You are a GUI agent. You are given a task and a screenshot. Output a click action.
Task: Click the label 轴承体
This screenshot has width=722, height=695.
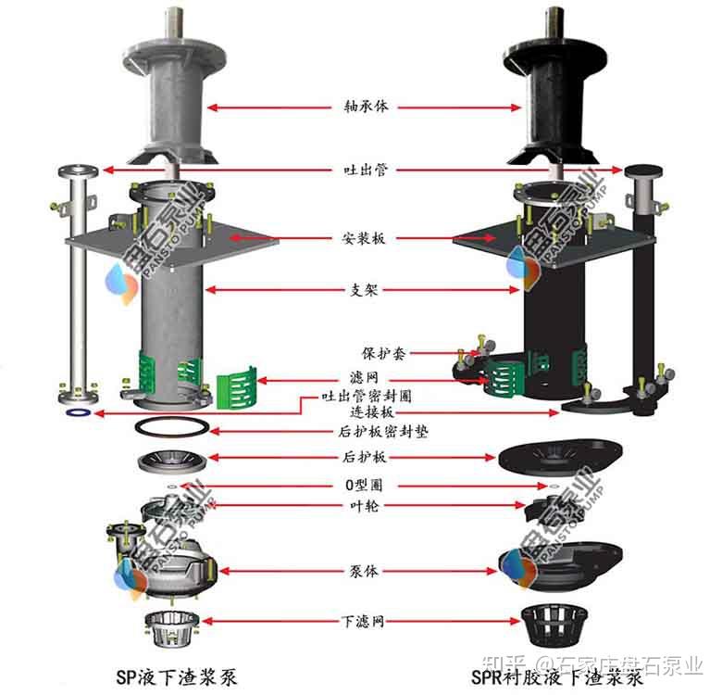[x=365, y=107]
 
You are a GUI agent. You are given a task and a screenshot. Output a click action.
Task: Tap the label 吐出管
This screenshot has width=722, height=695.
[x=365, y=171]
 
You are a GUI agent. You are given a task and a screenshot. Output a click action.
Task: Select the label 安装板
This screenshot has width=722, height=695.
[x=365, y=238]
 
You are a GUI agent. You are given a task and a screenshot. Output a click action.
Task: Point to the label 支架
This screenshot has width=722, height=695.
[x=365, y=290]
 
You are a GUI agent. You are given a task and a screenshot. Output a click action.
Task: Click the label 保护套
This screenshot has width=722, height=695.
[x=381, y=353]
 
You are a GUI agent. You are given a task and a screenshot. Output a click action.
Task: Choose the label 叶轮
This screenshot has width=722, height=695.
[x=365, y=505]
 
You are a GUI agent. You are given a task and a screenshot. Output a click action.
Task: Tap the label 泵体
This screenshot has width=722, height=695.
[x=365, y=572]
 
